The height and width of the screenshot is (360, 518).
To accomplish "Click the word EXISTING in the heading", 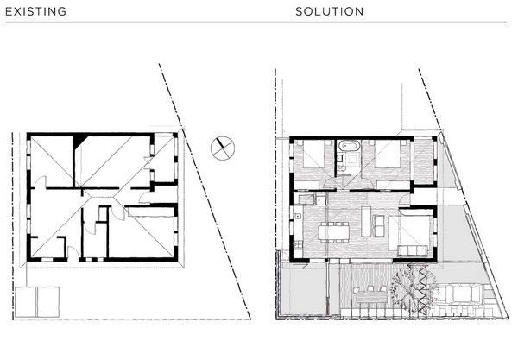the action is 35,11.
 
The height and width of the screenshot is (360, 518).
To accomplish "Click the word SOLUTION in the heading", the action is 330,11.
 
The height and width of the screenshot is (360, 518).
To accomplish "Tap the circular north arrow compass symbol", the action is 223,148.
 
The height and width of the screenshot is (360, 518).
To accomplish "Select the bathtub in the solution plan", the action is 349,145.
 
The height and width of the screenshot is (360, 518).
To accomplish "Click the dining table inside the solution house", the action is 333,232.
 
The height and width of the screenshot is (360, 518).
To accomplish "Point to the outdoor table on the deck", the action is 371,297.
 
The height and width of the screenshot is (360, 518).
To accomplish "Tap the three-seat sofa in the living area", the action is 413,250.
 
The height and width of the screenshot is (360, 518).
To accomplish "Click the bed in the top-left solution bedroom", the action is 313,154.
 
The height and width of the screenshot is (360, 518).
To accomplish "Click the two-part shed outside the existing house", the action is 37,302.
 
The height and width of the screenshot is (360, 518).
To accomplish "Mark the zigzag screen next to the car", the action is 422,291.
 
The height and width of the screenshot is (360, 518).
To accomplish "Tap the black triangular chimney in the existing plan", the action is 79,141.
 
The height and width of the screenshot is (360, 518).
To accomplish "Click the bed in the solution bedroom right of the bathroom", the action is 387,154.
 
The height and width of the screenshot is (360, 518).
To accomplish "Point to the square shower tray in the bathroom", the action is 351,160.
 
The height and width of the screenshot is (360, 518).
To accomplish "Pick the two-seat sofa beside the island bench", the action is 379,226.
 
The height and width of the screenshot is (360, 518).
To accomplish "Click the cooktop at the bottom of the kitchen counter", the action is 299,244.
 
